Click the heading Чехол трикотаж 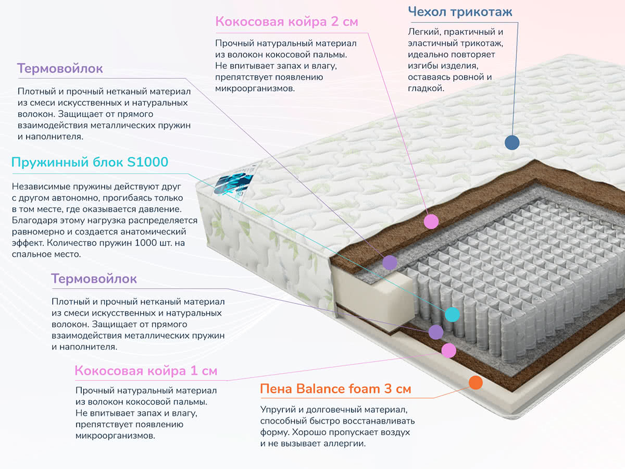(x=460, y=11)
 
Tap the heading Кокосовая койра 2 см (x=287, y=22)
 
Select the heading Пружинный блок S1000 (x=90, y=162)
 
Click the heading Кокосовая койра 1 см (x=146, y=371)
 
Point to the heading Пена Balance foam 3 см (x=335, y=389)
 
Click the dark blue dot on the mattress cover (x=512, y=142)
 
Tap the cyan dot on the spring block (x=452, y=314)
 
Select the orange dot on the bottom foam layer (x=476, y=382)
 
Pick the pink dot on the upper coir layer (x=431, y=221)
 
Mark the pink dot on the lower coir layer (x=448, y=350)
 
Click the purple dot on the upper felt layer (x=389, y=262)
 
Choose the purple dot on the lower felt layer (x=435, y=331)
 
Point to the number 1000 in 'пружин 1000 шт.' (x=160, y=243)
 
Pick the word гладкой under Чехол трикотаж (x=426, y=89)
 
